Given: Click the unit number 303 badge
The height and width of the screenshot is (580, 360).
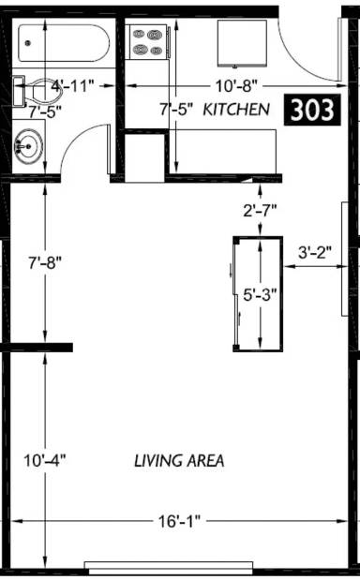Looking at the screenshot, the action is pos(311,110).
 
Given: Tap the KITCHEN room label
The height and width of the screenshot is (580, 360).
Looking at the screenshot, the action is pos(236,110).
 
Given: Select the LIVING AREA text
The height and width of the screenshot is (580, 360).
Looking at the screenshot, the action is pos(179,461).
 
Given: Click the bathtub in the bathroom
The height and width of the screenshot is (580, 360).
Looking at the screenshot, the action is pos(64,43).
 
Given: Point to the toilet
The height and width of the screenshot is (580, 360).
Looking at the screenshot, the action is pos(37,91).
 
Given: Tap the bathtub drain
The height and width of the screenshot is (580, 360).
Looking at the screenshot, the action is pos(27,43).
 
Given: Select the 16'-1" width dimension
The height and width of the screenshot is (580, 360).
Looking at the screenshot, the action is pos(179,522).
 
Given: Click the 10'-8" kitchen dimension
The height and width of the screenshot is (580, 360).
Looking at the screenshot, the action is pos(236,86).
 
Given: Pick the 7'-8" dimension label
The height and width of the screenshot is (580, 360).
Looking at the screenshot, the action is pos(45,263).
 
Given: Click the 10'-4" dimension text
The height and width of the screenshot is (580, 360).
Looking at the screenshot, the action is pos(45,461).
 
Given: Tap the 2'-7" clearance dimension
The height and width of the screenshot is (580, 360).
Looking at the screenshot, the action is pos(260,211).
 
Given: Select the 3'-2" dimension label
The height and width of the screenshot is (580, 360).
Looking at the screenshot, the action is pos(315,253).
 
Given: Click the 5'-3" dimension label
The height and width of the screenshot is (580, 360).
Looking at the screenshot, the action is pos(260,295).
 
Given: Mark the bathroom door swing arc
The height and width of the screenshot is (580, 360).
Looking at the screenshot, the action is pos(74,137).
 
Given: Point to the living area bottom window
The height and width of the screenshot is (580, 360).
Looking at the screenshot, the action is pos(169,565).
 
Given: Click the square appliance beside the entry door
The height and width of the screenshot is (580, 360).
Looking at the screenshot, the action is pos(242,43).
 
